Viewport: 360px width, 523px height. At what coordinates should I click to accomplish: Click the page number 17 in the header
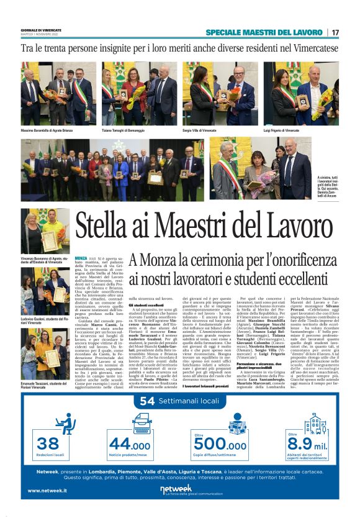coord(335,32)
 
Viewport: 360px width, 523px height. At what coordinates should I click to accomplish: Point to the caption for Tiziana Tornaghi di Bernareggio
coord(127,131)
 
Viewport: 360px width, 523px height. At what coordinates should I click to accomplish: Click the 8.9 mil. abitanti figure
coord(307,444)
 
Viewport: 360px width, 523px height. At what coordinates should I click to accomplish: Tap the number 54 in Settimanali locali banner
coord(147,401)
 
